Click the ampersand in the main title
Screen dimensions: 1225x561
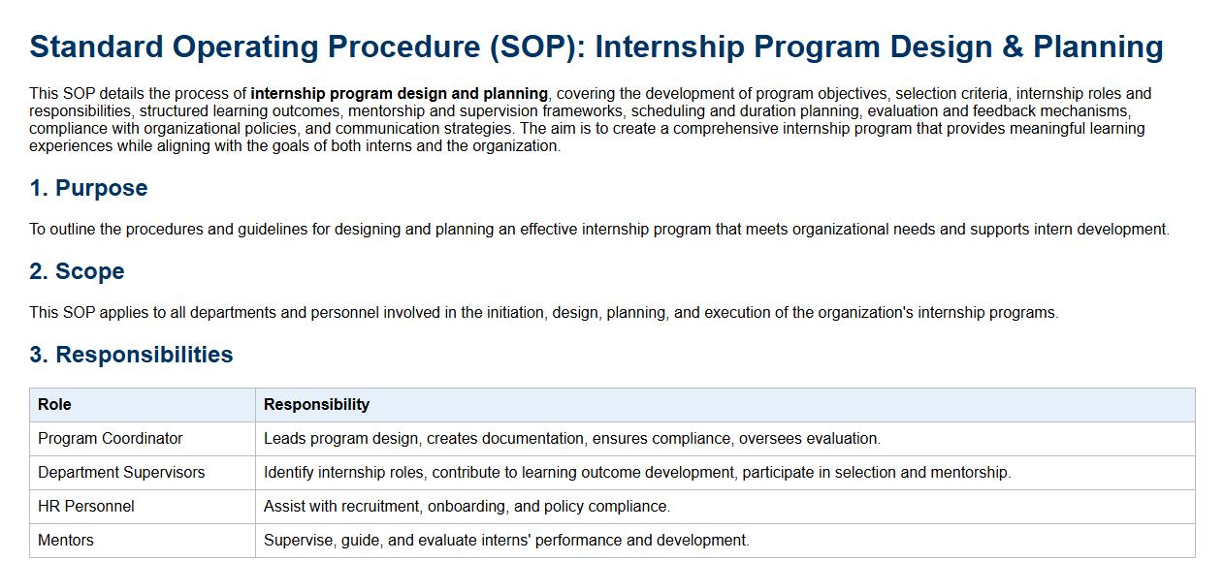(1013, 47)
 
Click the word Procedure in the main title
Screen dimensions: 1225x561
(404, 47)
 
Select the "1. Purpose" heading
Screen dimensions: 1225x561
(88, 188)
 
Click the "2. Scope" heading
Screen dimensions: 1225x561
(78, 271)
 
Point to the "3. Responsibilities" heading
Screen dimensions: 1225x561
(131, 355)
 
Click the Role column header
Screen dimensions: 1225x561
(54, 404)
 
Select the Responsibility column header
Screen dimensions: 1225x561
(316, 404)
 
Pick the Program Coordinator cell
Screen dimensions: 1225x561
(110, 438)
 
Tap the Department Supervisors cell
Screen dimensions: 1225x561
(121, 472)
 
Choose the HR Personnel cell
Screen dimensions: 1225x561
(86, 506)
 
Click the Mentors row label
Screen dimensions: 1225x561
(66, 540)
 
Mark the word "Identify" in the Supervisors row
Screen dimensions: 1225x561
(289, 473)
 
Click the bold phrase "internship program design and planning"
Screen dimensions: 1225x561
(400, 94)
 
